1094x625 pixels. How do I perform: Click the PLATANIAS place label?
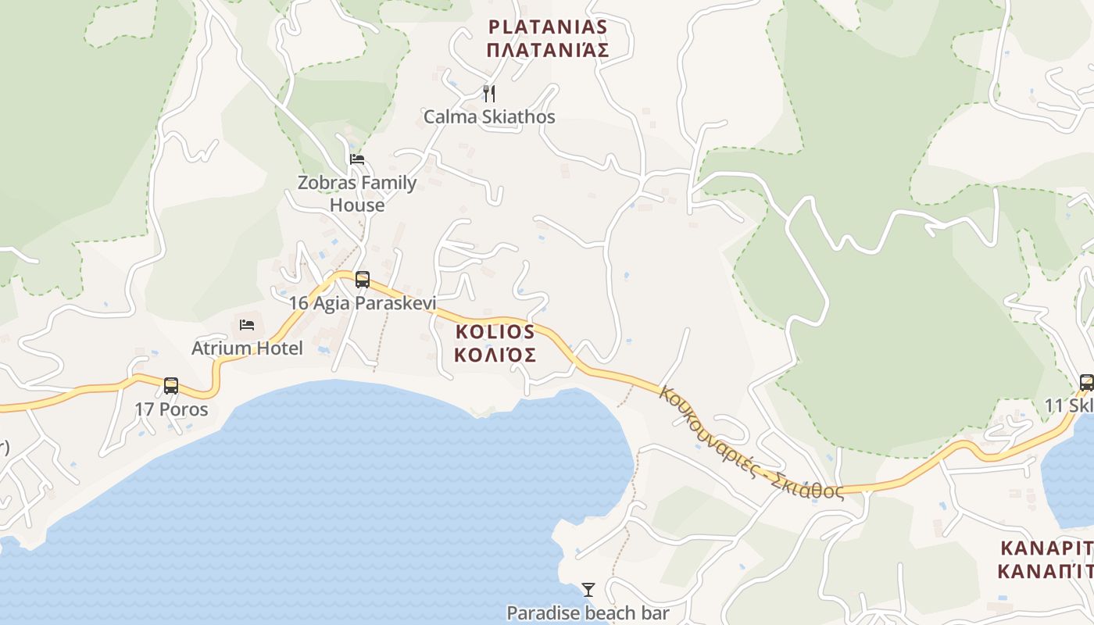(x=547, y=27)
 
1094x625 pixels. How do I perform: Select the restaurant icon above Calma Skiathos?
(x=489, y=94)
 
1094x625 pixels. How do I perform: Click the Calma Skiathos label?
(x=489, y=117)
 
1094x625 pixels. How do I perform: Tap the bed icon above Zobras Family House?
(x=357, y=159)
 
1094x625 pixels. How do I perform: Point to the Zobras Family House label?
(x=357, y=194)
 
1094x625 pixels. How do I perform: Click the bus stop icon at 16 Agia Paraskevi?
(x=363, y=279)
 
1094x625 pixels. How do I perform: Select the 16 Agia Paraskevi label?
(x=363, y=303)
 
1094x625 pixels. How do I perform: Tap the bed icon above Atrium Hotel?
(x=247, y=324)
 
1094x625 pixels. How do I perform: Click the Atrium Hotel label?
(x=247, y=348)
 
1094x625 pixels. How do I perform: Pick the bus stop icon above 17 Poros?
(x=171, y=385)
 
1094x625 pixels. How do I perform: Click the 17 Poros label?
(x=171, y=409)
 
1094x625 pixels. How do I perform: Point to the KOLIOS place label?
(x=495, y=331)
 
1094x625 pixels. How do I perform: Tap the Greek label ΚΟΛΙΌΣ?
(x=495, y=355)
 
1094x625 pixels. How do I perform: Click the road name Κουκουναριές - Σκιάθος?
(x=750, y=442)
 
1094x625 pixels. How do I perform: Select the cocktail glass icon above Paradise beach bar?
(x=588, y=589)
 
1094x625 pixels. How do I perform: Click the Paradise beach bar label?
(x=588, y=612)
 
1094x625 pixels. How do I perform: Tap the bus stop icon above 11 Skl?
(x=1086, y=382)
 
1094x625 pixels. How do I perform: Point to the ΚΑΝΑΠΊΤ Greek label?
(x=1045, y=571)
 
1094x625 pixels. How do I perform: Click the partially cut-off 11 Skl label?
(x=1069, y=406)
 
